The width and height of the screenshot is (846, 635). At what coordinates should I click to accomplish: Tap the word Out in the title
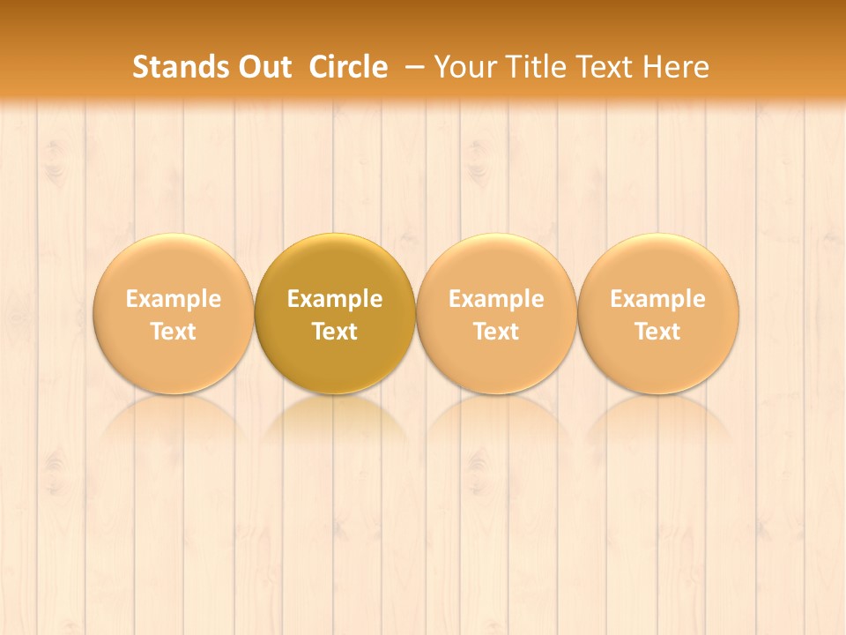265,67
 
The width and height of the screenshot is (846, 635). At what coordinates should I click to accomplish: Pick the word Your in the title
466,67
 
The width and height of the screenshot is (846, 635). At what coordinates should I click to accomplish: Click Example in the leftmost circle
174,299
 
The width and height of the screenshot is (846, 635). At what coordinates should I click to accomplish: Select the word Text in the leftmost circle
174,332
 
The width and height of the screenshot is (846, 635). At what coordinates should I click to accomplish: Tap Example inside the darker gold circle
335,299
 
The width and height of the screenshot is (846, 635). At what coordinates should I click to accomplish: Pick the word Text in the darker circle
335,332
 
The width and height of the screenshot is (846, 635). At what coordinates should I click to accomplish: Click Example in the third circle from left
496,299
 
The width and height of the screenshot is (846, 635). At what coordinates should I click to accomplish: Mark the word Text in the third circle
496,332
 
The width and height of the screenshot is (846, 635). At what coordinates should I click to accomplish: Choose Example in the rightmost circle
657,299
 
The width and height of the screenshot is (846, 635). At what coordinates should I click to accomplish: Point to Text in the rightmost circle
657,332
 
